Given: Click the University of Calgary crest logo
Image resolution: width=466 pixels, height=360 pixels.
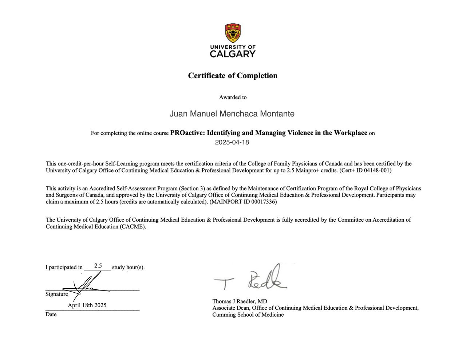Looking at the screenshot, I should pos(233,33).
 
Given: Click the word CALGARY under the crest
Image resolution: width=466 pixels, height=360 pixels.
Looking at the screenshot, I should pos(233,54).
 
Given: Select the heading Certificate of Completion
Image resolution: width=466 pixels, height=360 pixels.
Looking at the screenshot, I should pos(233,76).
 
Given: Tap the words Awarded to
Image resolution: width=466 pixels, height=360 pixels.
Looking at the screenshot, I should pos(233,97).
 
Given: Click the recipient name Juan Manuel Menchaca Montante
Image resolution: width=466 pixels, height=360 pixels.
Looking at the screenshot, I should pos(232,114).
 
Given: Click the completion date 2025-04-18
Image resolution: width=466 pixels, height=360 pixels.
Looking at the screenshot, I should pos(232,142).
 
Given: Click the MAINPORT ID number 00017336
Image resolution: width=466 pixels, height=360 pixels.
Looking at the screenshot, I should pos(263,202).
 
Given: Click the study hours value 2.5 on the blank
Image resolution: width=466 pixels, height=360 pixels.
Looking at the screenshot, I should pos(98,266).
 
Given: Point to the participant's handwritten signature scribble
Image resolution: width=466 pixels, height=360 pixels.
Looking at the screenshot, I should pos(87,286).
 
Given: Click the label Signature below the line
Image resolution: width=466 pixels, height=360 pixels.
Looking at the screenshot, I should pos(56,294).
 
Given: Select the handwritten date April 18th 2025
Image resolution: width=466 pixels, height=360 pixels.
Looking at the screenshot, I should pos(87,305).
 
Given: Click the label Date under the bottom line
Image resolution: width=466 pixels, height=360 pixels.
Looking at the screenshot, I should pos(51,314).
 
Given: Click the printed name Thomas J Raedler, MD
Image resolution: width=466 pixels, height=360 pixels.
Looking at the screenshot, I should pos(240,301).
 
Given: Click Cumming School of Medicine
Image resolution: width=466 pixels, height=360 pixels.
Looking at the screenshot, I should pos(248,314).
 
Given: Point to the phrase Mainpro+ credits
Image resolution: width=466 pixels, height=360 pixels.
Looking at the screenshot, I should pos(320,170).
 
